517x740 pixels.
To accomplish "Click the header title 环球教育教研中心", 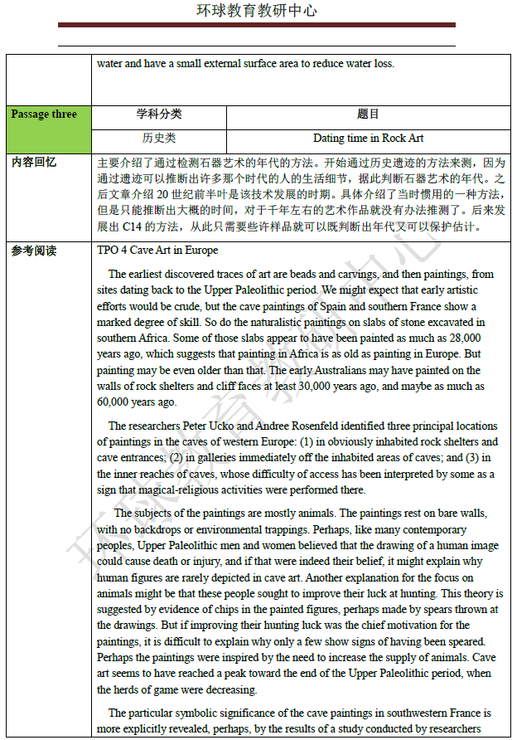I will tap(258, 11).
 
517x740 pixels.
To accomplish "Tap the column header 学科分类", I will tap(159, 114).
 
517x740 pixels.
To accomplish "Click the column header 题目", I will tap(368, 114).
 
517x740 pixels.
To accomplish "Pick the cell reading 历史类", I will tap(159, 138).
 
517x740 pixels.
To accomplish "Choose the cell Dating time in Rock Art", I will tap(368, 138).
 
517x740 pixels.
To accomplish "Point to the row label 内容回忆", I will tap(34, 163).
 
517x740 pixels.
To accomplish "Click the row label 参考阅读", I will tap(34, 251).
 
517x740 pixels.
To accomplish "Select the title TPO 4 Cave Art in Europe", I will tap(157, 251).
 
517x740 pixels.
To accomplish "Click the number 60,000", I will tap(114, 402).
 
